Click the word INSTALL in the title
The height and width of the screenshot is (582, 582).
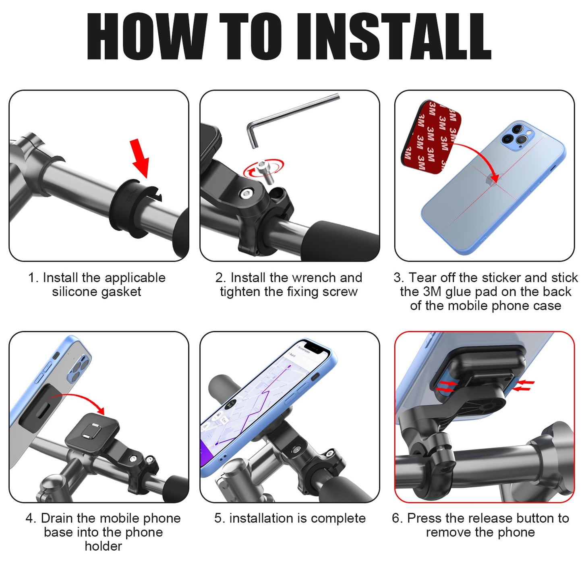(x=394, y=37)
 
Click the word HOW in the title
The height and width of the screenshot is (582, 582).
(x=147, y=37)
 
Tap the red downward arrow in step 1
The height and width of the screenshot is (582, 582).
(x=140, y=159)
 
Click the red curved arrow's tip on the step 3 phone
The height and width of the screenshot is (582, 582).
(x=496, y=181)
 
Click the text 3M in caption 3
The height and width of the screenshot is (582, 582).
(x=432, y=292)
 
